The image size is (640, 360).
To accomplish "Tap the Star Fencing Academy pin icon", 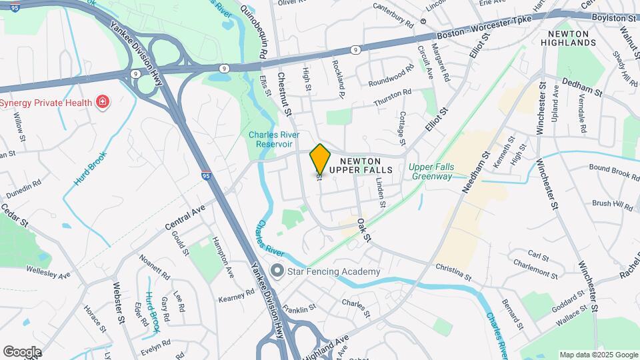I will coord(277,271).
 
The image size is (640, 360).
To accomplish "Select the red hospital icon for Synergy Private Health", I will coord(102,102).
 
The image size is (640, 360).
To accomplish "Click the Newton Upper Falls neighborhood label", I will coord(370,165).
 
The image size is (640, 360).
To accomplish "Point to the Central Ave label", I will coord(183,219).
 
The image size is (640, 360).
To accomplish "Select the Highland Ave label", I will coord(333,346).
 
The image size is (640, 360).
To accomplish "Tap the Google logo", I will coord(22,351).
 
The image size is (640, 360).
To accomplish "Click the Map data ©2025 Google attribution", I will coord(598,355).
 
